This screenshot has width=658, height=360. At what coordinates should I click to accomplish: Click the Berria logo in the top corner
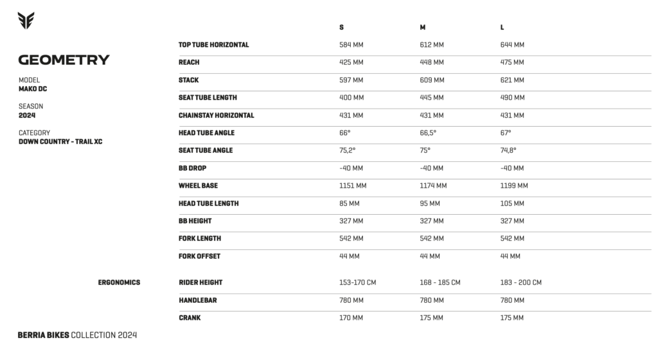pyautogui.click(x=26, y=21)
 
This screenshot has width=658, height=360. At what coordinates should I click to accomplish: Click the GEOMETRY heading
pyautogui.click(x=64, y=60)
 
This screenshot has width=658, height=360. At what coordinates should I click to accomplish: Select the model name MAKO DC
pyautogui.click(x=33, y=89)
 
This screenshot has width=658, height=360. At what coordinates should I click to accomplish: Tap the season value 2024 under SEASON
pyautogui.click(x=26, y=115)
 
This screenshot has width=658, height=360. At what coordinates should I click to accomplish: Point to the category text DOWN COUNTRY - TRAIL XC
pyautogui.click(x=60, y=141)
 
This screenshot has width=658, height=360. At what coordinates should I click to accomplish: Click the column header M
pyautogui.click(x=422, y=28)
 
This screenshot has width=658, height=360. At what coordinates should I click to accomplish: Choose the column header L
pyautogui.click(x=502, y=28)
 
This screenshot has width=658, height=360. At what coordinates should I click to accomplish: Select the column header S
pyautogui.click(x=341, y=28)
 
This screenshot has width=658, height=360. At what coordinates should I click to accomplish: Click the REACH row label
pyautogui.click(x=189, y=62)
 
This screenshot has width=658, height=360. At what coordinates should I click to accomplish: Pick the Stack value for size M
pyautogui.click(x=432, y=80)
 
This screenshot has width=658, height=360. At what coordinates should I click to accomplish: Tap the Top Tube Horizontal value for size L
pyautogui.click(x=512, y=45)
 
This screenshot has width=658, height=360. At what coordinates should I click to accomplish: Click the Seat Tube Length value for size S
pyautogui.click(x=351, y=98)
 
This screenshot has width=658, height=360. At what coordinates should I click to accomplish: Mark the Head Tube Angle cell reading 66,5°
pyautogui.click(x=428, y=133)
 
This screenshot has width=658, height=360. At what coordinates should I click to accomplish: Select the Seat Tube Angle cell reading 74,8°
pyautogui.click(x=508, y=150)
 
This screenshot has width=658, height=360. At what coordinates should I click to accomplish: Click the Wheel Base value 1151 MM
pyautogui.click(x=353, y=186)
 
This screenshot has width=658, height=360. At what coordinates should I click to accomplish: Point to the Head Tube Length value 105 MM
pyautogui.click(x=512, y=203)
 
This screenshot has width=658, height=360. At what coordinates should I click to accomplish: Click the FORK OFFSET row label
pyautogui.click(x=199, y=256)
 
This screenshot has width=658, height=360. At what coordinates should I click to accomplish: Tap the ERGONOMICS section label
pyautogui.click(x=119, y=282)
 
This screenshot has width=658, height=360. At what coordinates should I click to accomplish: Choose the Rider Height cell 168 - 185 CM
pyautogui.click(x=440, y=282)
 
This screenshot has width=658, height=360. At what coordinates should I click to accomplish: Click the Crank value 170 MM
pyautogui.click(x=351, y=318)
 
